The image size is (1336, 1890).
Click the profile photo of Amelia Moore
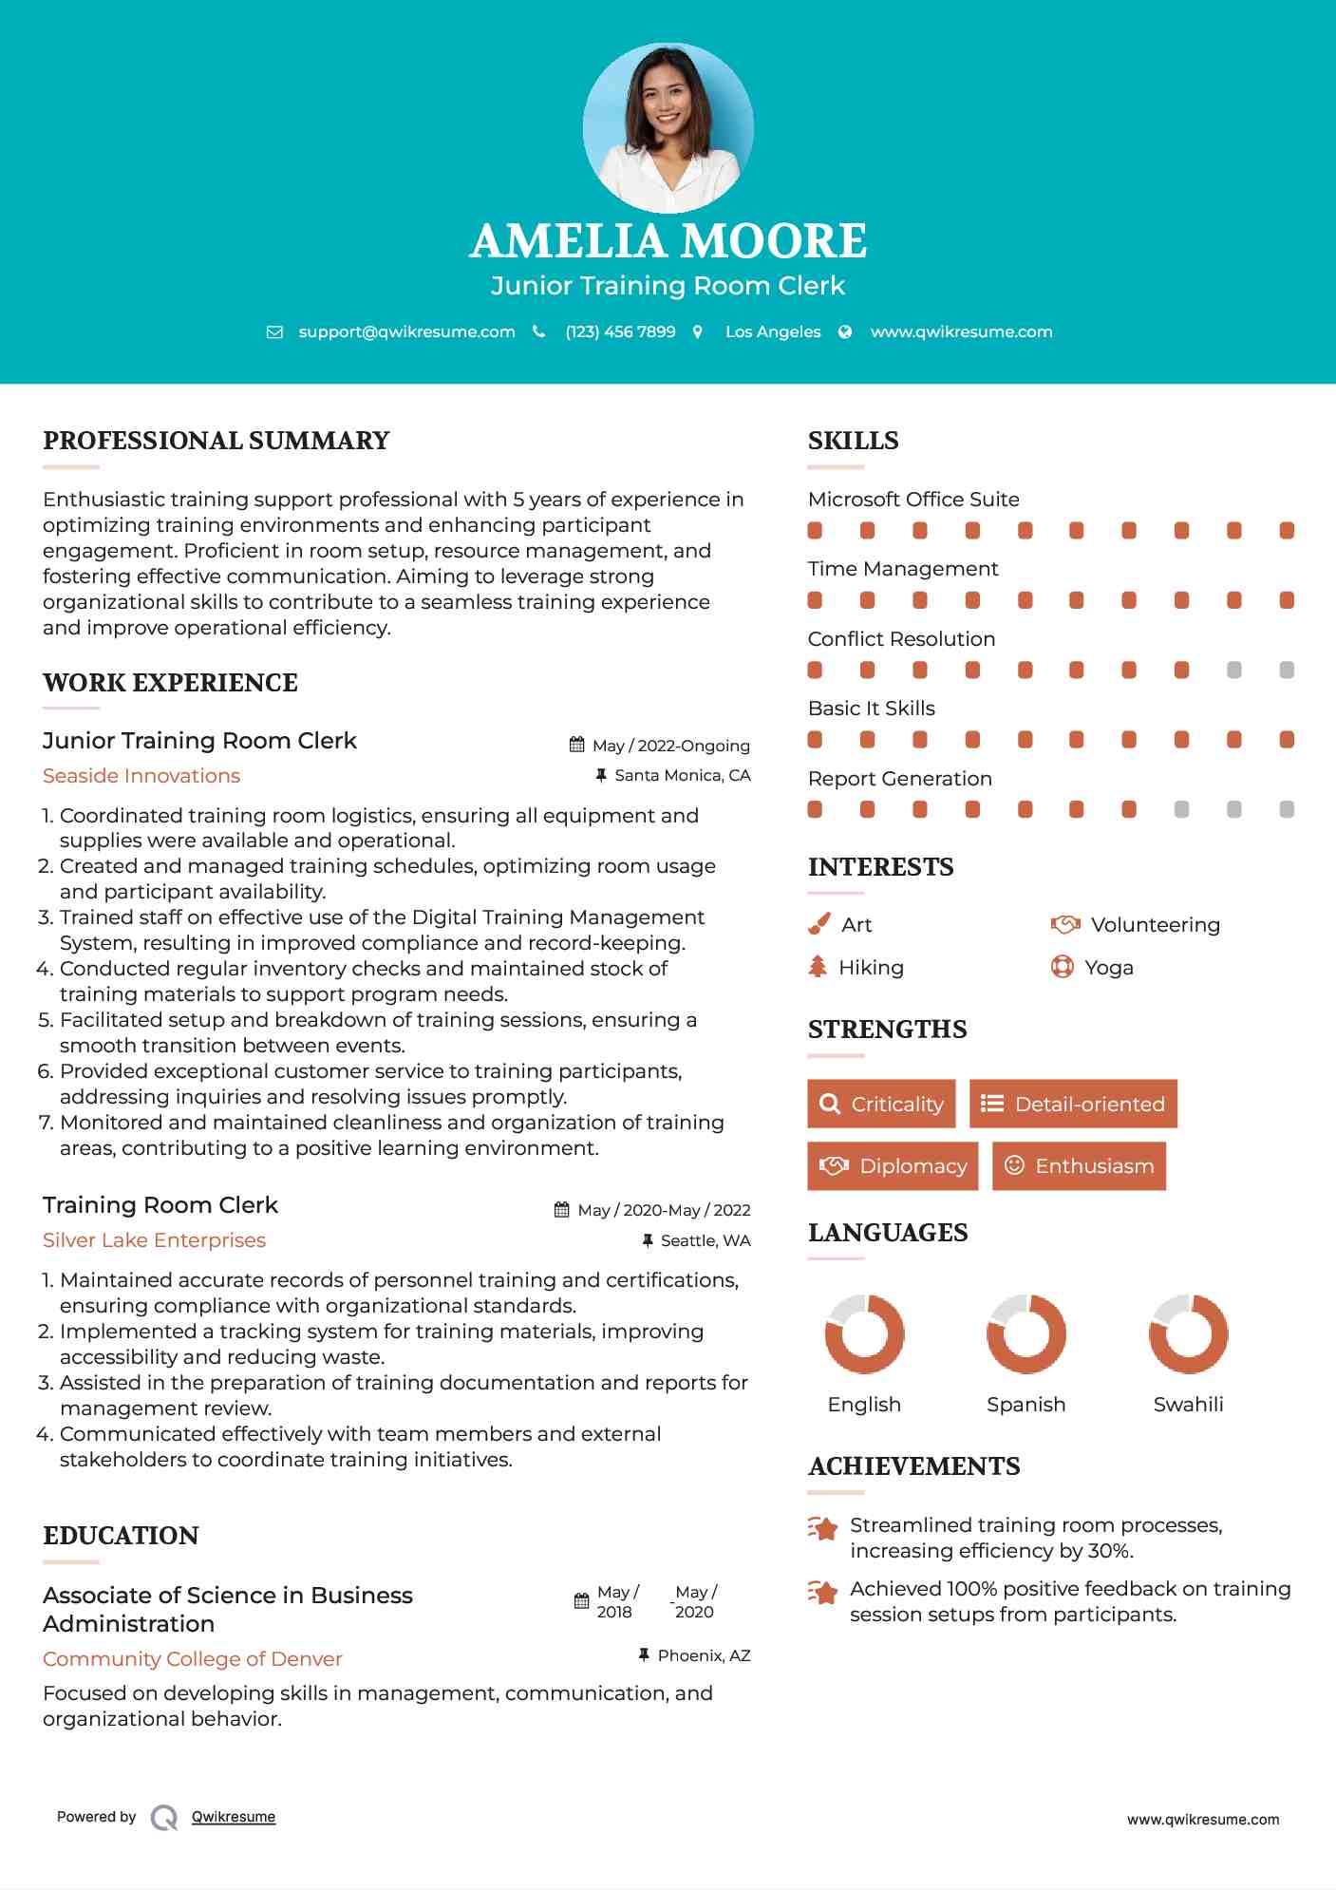pos(668,127)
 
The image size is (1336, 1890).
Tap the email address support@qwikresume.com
pos(406,331)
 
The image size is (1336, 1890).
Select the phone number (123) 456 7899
pos(620,331)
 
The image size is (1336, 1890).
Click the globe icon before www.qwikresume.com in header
pos(845,331)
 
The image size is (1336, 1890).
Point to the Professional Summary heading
pos(216,441)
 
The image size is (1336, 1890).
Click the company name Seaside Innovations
pos(141,776)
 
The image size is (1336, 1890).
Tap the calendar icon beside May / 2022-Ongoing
pos(576,745)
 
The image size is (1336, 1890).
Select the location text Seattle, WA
pos(705,1240)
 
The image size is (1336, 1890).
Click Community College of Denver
pos(192,1658)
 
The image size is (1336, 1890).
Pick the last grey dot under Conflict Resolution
pos(1287,670)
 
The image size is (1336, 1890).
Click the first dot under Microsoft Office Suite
pos(815,530)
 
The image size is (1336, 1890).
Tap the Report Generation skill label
pos(899,779)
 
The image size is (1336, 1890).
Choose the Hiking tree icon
pos(818,967)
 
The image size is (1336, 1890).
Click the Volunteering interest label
pos(1155,925)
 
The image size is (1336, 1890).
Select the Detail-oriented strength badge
pos(1073,1104)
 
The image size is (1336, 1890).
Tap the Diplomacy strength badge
pos(893,1165)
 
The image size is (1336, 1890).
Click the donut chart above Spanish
pos(1026,1333)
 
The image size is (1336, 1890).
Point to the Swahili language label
pos(1188,1404)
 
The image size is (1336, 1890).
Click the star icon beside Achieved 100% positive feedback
pos(823,1592)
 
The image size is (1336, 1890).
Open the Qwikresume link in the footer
pos(234,1817)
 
